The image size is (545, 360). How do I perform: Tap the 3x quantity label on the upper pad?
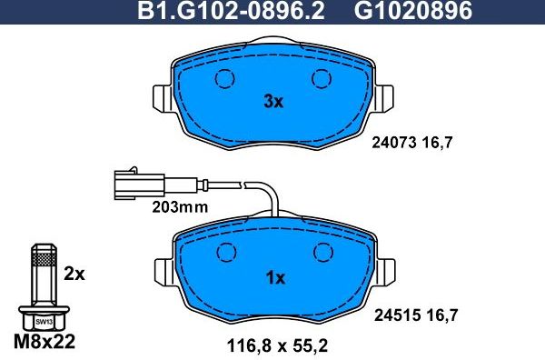[x=273, y=103]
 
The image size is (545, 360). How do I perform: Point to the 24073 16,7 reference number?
[x=413, y=142]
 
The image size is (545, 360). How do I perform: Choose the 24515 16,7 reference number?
[x=413, y=315]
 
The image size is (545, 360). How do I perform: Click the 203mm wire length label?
[x=179, y=206]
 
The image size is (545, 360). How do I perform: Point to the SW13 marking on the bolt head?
[x=41, y=320]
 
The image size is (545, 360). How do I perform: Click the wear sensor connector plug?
[x=126, y=181]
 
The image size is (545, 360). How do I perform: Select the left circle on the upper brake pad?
[x=224, y=79]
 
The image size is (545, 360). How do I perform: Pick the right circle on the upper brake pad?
[x=321, y=79]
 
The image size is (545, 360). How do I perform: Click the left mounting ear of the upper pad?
[x=159, y=95]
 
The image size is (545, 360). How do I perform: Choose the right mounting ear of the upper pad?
[x=387, y=95]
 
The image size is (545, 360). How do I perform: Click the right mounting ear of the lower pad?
[x=387, y=269]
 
